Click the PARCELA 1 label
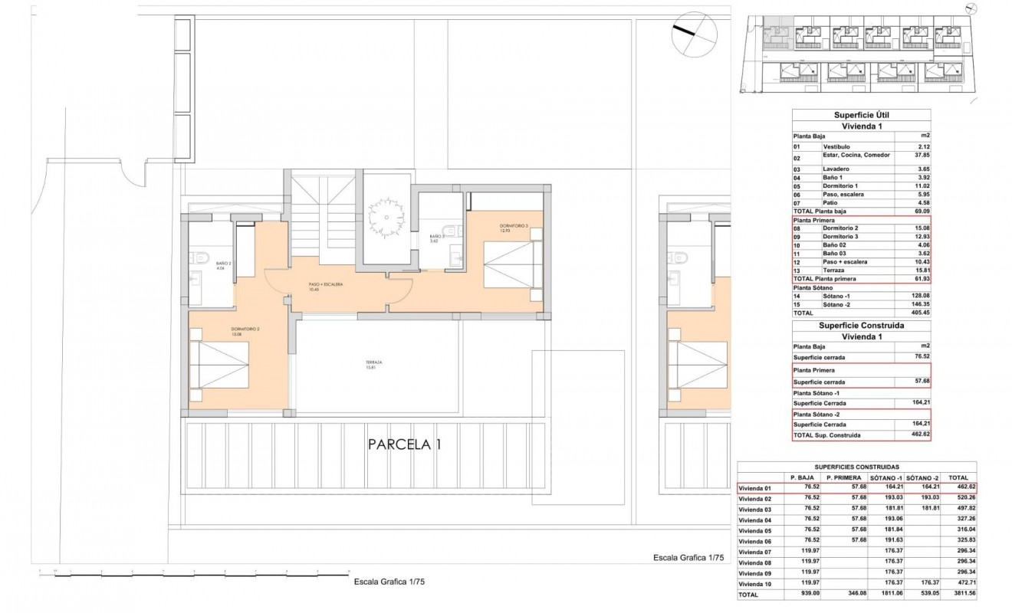coord(404,444)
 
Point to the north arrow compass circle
coord(693,36)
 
